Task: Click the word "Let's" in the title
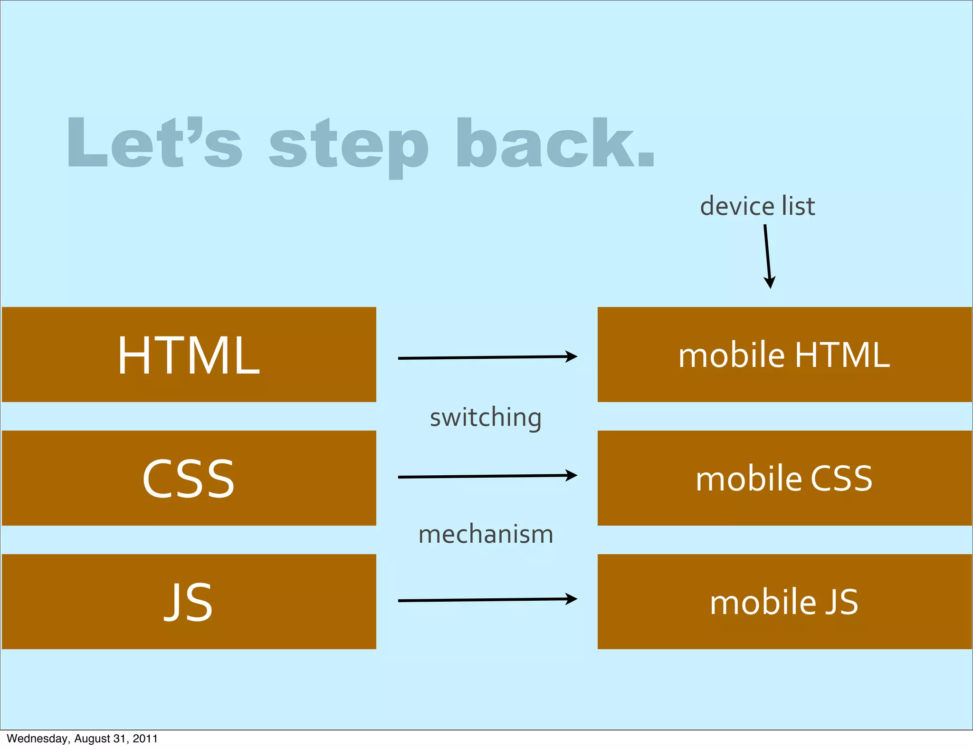[x=154, y=143]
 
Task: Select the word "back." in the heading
[x=555, y=143]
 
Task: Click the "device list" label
[x=757, y=206]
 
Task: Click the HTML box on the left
[x=189, y=355]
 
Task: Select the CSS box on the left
[x=189, y=478]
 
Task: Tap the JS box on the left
[x=189, y=602]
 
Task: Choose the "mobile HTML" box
[x=784, y=355]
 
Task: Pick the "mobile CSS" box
[x=784, y=478]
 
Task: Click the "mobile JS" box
[x=784, y=602]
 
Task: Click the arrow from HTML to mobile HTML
[x=487, y=357]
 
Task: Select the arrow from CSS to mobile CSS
[x=487, y=476]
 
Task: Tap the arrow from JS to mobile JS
[x=487, y=600]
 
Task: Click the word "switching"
[x=486, y=418]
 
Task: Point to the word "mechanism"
[x=486, y=534]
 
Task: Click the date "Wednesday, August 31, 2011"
[x=82, y=739]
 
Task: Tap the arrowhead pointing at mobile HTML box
[x=572, y=356]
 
